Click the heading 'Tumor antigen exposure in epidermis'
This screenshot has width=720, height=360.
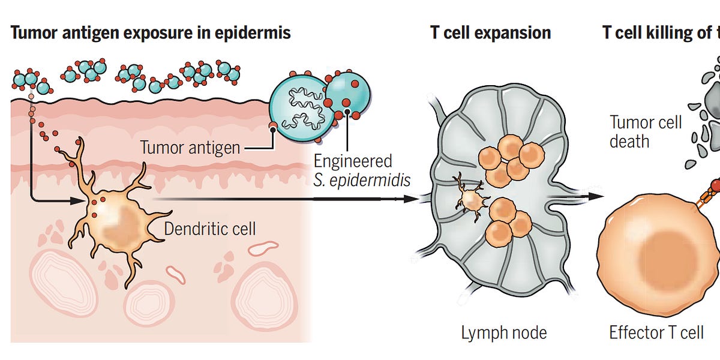[x=150, y=32]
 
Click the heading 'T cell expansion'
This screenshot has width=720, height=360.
[x=490, y=32]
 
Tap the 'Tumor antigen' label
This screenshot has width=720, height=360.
[x=190, y=147]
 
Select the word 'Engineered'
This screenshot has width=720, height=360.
[x=352, y=161]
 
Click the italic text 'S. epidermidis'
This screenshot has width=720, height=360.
[x=362, y=180]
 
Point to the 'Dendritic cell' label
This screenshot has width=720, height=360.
[x=210, y=229]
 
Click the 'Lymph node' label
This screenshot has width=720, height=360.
[x=503, y=332]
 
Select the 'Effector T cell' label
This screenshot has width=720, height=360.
[x=656, y=332]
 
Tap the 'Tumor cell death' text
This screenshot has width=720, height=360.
[x=646, y=132]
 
